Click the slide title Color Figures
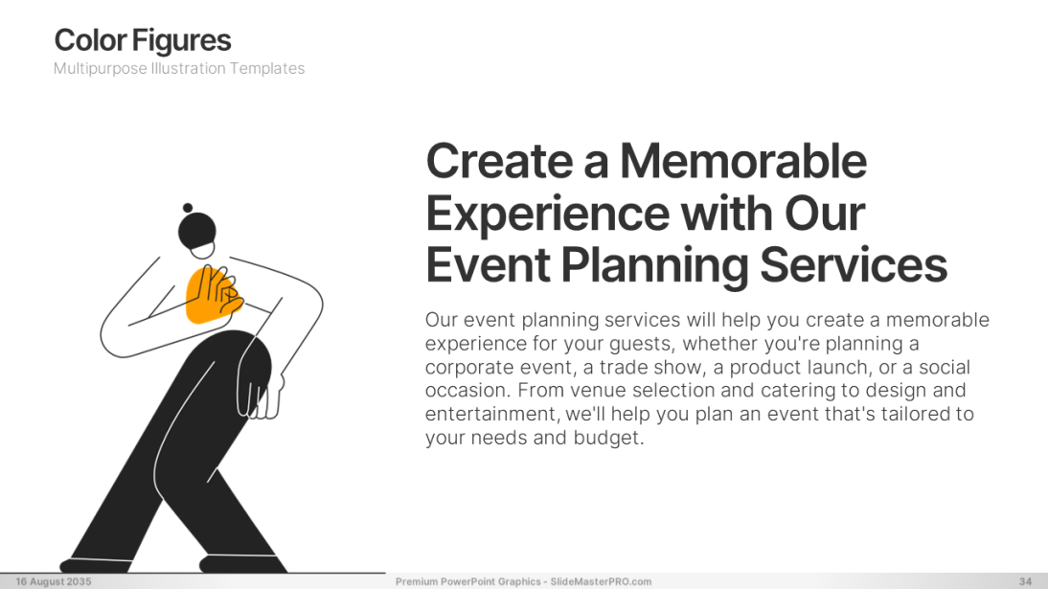click(143, 41)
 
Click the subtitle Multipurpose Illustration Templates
click(179, 68)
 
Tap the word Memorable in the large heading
click(743, 161)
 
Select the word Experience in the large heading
click(547, 215)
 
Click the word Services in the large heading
click(854, 264)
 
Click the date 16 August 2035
click(54, 581)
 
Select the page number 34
click(1025, 581)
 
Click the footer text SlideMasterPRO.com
click(601, 581)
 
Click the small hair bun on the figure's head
click(188, 208)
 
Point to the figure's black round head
click(197, 232)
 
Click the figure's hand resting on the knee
click(260, 397)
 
